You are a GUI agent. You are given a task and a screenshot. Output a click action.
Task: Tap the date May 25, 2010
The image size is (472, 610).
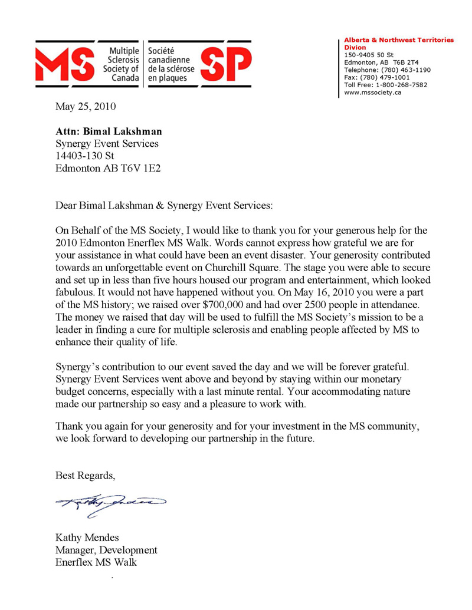[86, 107]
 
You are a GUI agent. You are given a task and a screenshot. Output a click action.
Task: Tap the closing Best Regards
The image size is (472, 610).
[86, 475]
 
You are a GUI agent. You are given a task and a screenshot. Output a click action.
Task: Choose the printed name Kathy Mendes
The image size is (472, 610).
[87, 538]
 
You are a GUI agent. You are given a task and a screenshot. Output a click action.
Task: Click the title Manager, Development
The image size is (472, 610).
[106, 550]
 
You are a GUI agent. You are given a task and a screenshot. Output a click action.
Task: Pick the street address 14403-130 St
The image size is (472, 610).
[85, 156]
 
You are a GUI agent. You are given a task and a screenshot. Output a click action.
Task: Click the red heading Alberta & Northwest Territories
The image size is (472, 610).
[399, 40]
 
